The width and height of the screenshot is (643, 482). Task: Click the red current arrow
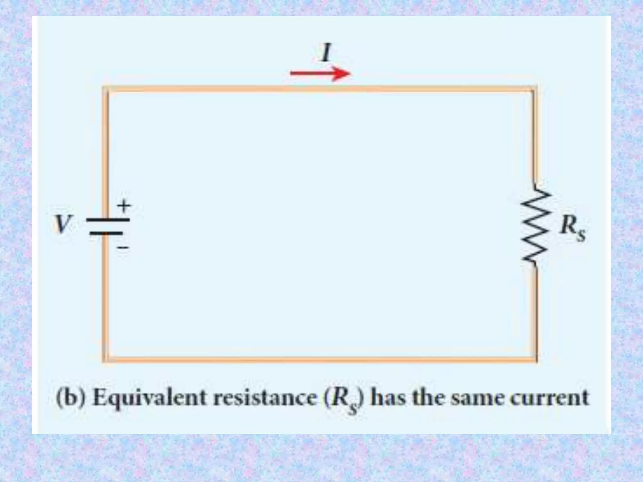click(320, 74)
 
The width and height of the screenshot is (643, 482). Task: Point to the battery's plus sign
click(124, 206)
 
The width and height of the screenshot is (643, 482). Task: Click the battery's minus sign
click(123, 248)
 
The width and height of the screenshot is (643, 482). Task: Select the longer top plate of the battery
click(108, 220)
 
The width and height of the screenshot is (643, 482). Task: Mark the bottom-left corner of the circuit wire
click(106, 359)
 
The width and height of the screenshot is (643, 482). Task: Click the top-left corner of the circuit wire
click(106, 89)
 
